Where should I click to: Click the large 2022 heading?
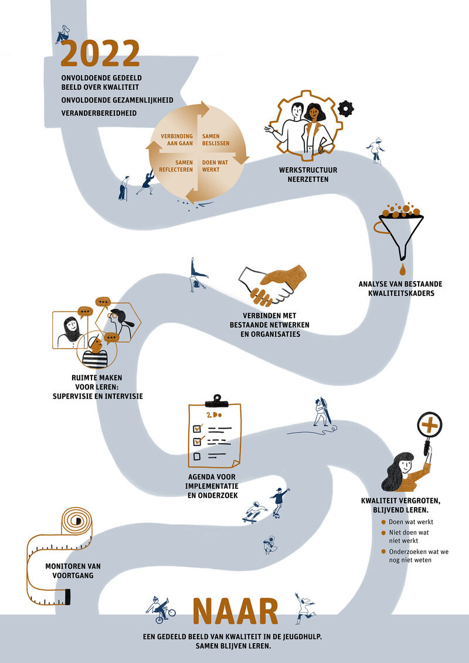click(x=100, y=53)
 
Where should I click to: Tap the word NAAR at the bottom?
click(x=235, y=611)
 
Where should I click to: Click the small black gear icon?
click(x=346, y=108)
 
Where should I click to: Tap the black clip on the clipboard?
click(x=216, y=400)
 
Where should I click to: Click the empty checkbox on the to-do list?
click(x=197, y=456)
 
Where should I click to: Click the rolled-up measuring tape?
click(x=59, y=555)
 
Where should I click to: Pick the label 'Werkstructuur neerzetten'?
click(x=308, y=175)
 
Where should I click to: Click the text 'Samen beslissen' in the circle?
click(x=216, y=140)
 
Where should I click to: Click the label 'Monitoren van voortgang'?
click(x=73, y=570)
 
